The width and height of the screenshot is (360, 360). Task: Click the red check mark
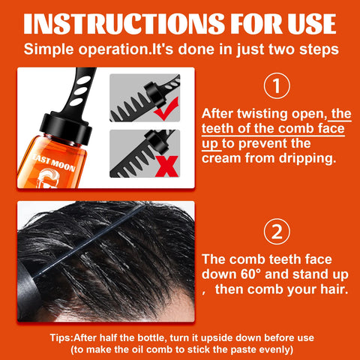(172, 109)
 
